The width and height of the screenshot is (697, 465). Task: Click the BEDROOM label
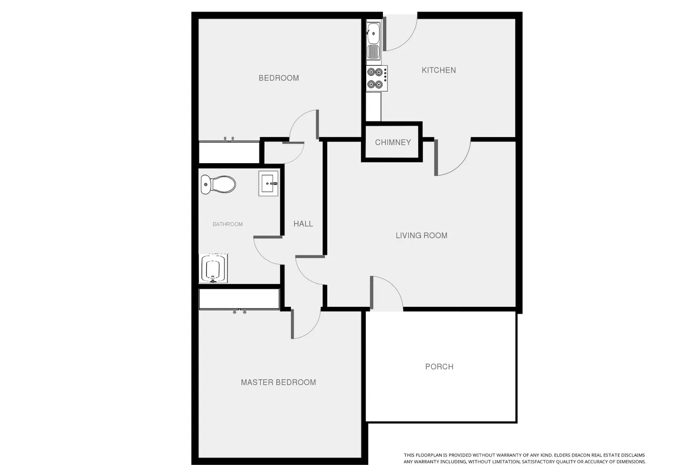pos(278,78)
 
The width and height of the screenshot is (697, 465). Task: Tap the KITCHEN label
pos(439,70)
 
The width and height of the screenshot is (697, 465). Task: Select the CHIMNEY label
pos(393,142)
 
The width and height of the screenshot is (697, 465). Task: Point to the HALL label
pos(303,224)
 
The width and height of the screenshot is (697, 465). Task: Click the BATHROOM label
pos(228,224)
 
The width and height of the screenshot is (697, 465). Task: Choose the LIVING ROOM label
pos(421,235)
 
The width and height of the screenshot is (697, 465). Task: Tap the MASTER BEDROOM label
pos(278,382)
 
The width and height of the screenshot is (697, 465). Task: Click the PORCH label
pos(439,366)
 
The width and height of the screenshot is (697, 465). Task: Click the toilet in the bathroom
pos(218,185)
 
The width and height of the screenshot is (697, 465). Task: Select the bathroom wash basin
pos(268,184)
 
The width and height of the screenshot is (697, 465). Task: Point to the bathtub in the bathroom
pos(213,268)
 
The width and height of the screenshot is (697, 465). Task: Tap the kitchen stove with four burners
pos(376,78)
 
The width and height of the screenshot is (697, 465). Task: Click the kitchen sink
pos(374,40)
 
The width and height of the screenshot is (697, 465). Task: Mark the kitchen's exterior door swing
pos(400,33)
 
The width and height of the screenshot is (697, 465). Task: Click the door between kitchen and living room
pos(453,157)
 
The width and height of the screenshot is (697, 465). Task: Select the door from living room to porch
pos(387,293)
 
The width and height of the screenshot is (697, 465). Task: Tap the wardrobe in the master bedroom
pos(239,299)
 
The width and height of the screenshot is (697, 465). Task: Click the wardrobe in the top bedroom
pos(229,152)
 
